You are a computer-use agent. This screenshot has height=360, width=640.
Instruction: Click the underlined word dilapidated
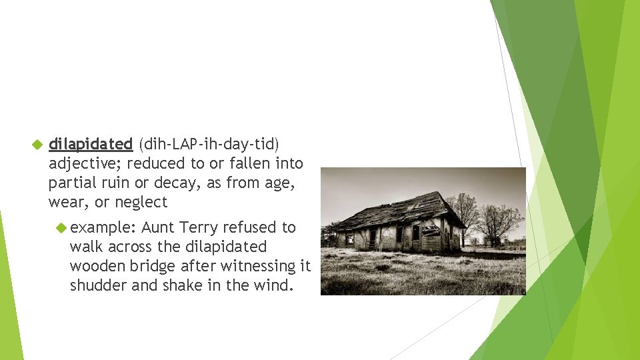pyautogui.click(x=91, y=144)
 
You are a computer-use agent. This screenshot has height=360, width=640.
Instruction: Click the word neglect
pyautogui.click(x=141, y=202)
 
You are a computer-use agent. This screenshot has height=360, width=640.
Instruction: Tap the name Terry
pyautogui.click(x=199, y=227)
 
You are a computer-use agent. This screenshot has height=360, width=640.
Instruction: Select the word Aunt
pyautogui.click(x=158, y=227)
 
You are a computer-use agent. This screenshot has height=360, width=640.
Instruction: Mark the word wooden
pyautogui.click(x=93, y=266)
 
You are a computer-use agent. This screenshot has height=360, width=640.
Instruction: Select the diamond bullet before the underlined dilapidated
pyautogui.click(x=37, y=144)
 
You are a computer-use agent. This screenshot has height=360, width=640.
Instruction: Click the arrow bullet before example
pyautogui.click(x=61, y=227)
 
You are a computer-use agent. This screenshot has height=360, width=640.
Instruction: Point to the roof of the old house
pyautogui.click(x=400, y=210)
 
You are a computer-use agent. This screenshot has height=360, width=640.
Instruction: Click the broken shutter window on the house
pyautogui.click(x=431, y=231)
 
